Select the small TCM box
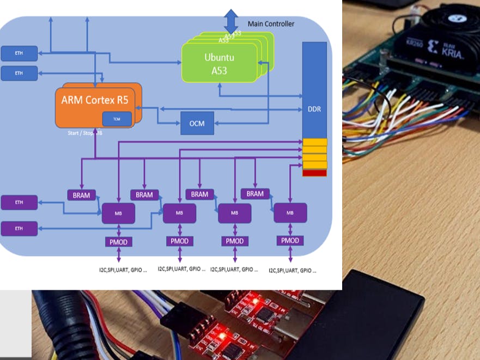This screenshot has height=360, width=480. (117, 119)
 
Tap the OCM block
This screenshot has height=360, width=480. (197, 124)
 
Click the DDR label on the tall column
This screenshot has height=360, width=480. (314, 109)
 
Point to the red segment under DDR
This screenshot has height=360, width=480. (314, 173)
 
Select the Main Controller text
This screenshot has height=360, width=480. (271, 24)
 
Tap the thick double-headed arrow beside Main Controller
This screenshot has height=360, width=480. (231, 21)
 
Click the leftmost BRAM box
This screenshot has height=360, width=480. (81, 194)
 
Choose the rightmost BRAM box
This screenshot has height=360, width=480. (254, 193)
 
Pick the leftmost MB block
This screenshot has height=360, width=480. (118, 213)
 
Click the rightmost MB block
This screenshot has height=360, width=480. (290, 212)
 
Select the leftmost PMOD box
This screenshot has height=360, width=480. (118, 241)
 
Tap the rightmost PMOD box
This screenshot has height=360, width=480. (290, 240)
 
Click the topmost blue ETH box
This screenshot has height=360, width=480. (19, 53)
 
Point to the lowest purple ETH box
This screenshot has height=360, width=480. (19, 228)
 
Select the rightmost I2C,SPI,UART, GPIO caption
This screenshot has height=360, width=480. (293, 270)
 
